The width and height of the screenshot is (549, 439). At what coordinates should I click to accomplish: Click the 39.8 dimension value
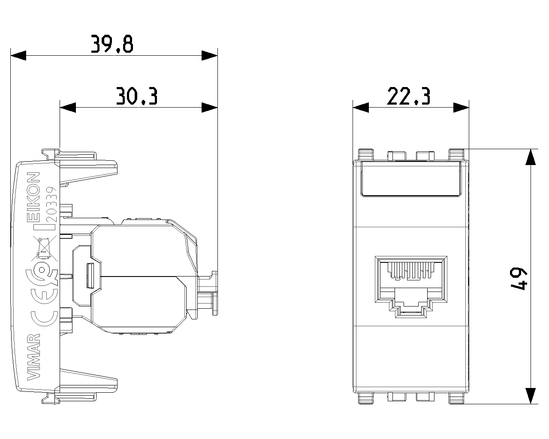click(112, 44)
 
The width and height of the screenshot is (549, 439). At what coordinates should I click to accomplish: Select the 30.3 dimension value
click(137, 96)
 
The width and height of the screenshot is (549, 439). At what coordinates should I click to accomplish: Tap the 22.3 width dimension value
click(409, 96)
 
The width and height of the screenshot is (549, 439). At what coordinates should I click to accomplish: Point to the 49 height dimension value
click(518, 279)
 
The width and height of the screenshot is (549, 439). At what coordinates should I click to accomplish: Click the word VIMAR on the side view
click(34, 357)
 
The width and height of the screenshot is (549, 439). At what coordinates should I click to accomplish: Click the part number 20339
click(52, 204)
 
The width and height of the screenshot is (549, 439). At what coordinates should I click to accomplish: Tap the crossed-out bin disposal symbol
click(44, 249)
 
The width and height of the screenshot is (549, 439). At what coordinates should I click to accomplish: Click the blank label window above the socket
click(411, 179)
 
